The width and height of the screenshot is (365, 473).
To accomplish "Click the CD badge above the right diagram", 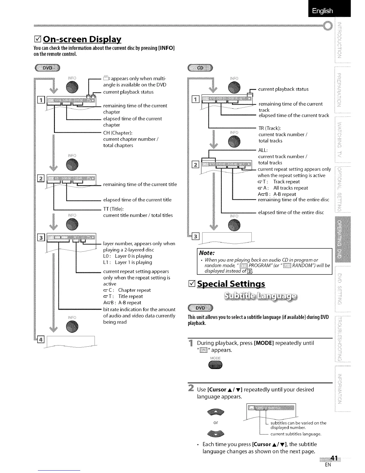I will coord(200,68).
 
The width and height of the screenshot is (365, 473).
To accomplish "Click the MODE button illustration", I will coord(215,365).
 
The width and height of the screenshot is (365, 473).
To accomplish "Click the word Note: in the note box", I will coord(208,253).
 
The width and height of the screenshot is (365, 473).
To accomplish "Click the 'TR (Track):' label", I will coord(270,128).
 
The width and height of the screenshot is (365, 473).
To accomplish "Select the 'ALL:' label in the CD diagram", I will coord(263,150).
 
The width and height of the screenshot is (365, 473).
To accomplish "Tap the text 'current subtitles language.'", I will coord(296,434).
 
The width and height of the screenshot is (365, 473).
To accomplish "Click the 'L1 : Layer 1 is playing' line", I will coord(128,262).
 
